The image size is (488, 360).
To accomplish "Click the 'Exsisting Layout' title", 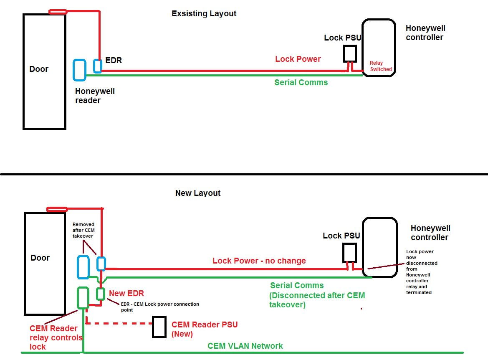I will point(204,14).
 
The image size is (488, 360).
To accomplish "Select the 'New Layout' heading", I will point(198,193).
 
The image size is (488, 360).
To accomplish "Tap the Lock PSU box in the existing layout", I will point(349,53).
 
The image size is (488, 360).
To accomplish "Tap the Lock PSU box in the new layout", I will point(349,252).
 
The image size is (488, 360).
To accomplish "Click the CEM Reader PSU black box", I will point(159,327).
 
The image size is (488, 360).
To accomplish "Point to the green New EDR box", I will point(100,294).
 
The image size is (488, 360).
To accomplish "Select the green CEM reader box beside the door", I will point(83,297).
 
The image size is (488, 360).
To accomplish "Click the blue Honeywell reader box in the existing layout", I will point(79,70).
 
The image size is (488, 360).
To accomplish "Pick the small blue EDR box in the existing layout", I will point(97,66).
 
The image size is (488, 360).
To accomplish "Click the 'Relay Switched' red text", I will point(380,66).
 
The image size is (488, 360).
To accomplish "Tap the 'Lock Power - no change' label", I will point(259,261).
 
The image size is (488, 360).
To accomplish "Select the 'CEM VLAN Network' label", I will point(245,346).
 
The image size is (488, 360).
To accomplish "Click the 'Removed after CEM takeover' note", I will point(83,230).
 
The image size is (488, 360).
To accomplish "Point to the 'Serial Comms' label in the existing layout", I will point(301,83).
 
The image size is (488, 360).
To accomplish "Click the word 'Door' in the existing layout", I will point(39,69).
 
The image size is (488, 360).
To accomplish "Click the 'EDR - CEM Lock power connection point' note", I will point(160,307).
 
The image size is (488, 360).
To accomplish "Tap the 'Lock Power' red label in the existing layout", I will point(298,59).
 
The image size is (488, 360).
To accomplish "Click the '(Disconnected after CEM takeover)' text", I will point(317,300).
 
